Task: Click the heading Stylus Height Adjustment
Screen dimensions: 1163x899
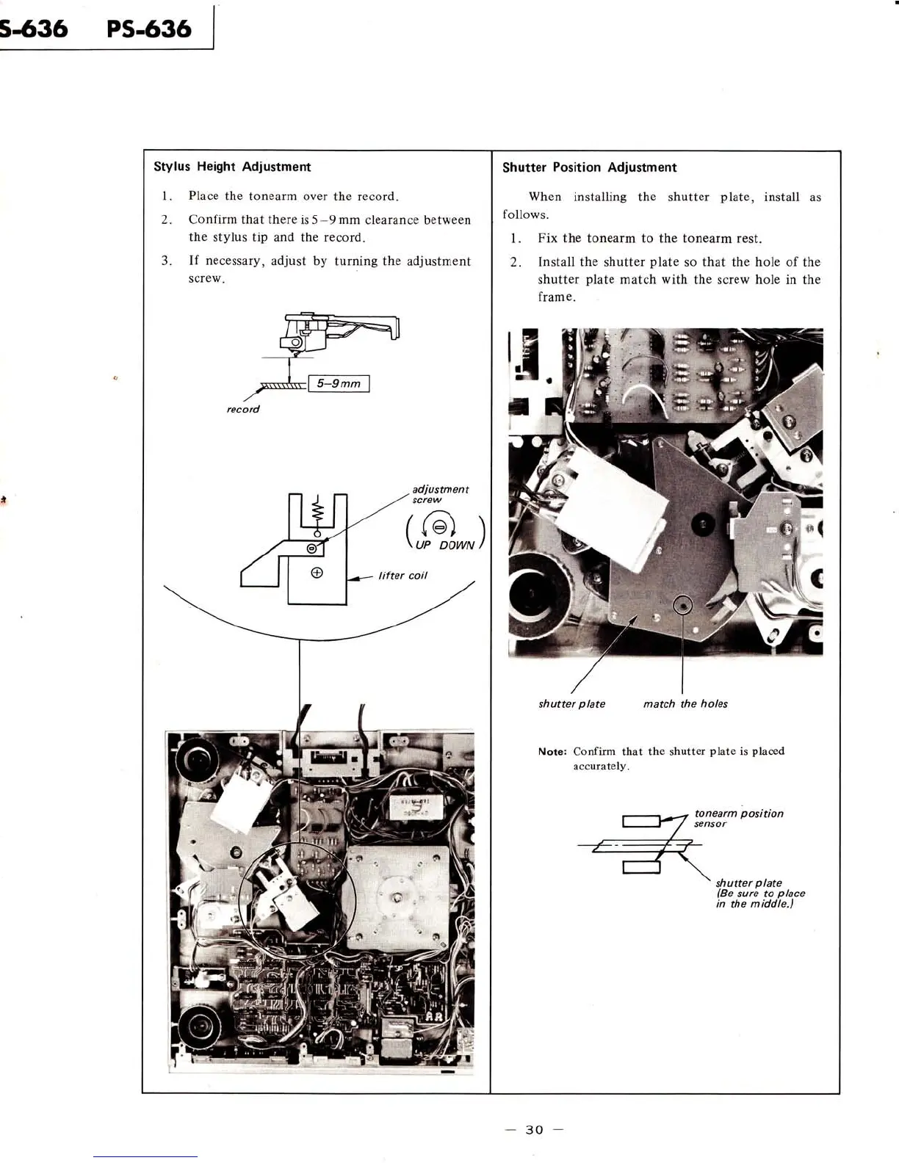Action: click(x=231, y=167)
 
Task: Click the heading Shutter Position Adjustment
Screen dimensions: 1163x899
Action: click(x=589, y=167)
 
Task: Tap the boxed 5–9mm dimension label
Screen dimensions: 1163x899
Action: click(x=339, y=383)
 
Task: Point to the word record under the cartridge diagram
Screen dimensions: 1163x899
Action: click(x=243, y=409)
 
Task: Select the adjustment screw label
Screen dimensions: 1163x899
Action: click(x=440, y=494)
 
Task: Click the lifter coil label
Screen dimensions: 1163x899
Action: click(x=402, y=576)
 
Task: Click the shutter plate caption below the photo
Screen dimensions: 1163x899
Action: click(x=571, y=703)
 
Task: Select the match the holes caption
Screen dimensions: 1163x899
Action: click(x=685, y=703)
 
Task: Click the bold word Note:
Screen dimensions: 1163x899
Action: click(x=552, y=752)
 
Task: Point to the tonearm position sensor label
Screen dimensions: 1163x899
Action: click(x=738, y=818)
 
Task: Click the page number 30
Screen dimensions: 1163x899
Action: click(x=534, y=1129)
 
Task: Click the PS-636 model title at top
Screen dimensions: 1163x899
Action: click(x=148, y=29)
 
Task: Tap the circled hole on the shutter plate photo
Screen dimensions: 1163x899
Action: click(x=684, y=605)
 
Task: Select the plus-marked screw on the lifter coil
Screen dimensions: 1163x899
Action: click(x=317, y=573)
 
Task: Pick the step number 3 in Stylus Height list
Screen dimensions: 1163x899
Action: click(x=166, y=261)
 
